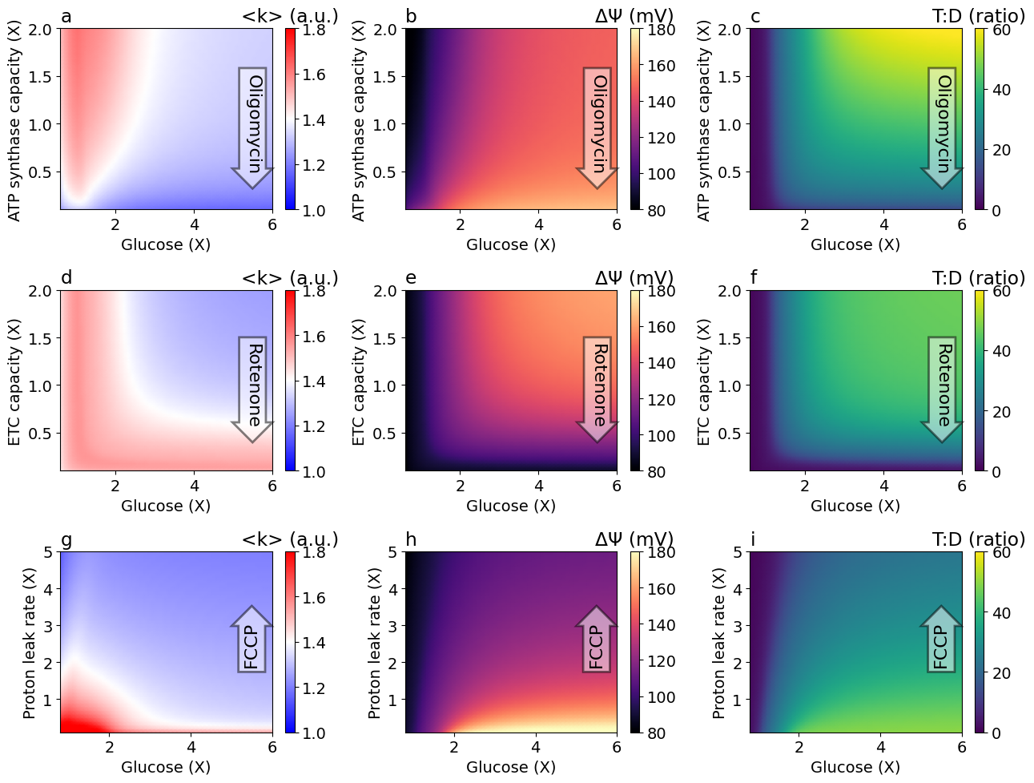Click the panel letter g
tap(66, 539)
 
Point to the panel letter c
tap(755, 16)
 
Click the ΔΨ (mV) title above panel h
tap(634, 539)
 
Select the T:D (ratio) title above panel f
tap(978, 278)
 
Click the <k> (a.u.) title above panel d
tap(290, 278)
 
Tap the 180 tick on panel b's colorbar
tap(660, 30)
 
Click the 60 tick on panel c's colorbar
tap(1001, 30)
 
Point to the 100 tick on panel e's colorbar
tap(660, 436)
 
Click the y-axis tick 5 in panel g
tap(48, 552)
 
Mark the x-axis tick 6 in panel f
tap(962, 486)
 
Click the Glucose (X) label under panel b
tap(511, 244)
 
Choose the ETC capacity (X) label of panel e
tap(360, 381)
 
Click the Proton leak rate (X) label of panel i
tap(719, 643)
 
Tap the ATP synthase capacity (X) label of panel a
tap(14, 120)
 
